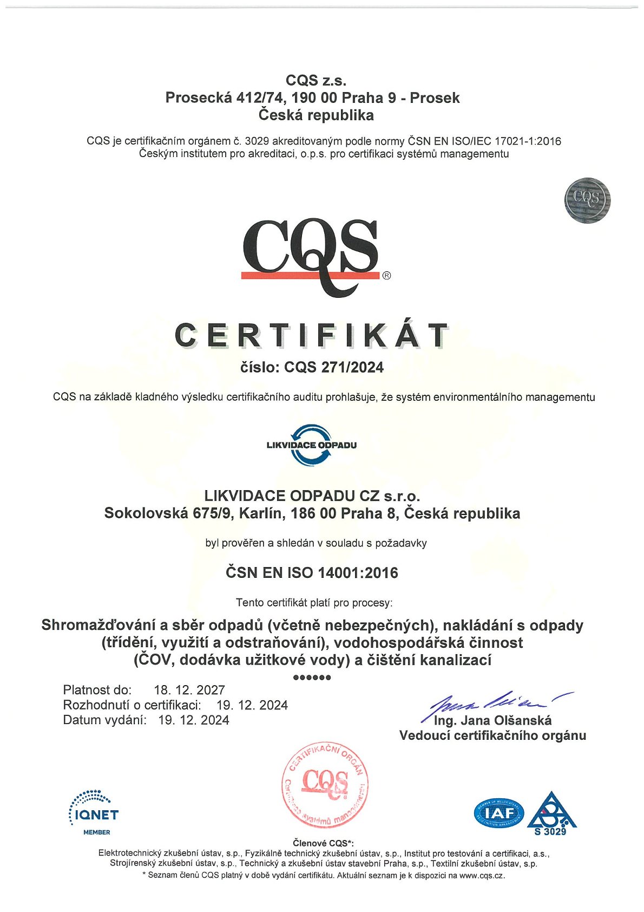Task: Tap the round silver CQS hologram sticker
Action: [x=587, y=200]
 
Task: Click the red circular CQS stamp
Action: [x=325, y=785]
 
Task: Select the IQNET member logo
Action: [x=93, y=813]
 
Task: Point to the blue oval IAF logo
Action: [x=499, y=813]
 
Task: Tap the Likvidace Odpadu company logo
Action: [x=311, y=445]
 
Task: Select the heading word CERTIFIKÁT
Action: [x=311, y=336]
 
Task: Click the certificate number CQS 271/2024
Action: [x=334, y=368]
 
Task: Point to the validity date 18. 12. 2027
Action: [x=189, y=690]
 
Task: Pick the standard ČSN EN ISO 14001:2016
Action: [x=312, y=573]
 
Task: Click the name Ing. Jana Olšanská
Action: [x=492, y=720]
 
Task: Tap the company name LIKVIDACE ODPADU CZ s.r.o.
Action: [x=312, y=496]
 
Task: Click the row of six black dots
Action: [x=311, y=678]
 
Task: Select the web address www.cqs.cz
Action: [x=482, y=875]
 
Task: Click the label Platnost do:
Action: [x=97, y=690]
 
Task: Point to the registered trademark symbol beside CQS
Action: [x=386, y=275]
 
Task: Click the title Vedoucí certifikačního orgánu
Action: [x=492, y=735]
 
